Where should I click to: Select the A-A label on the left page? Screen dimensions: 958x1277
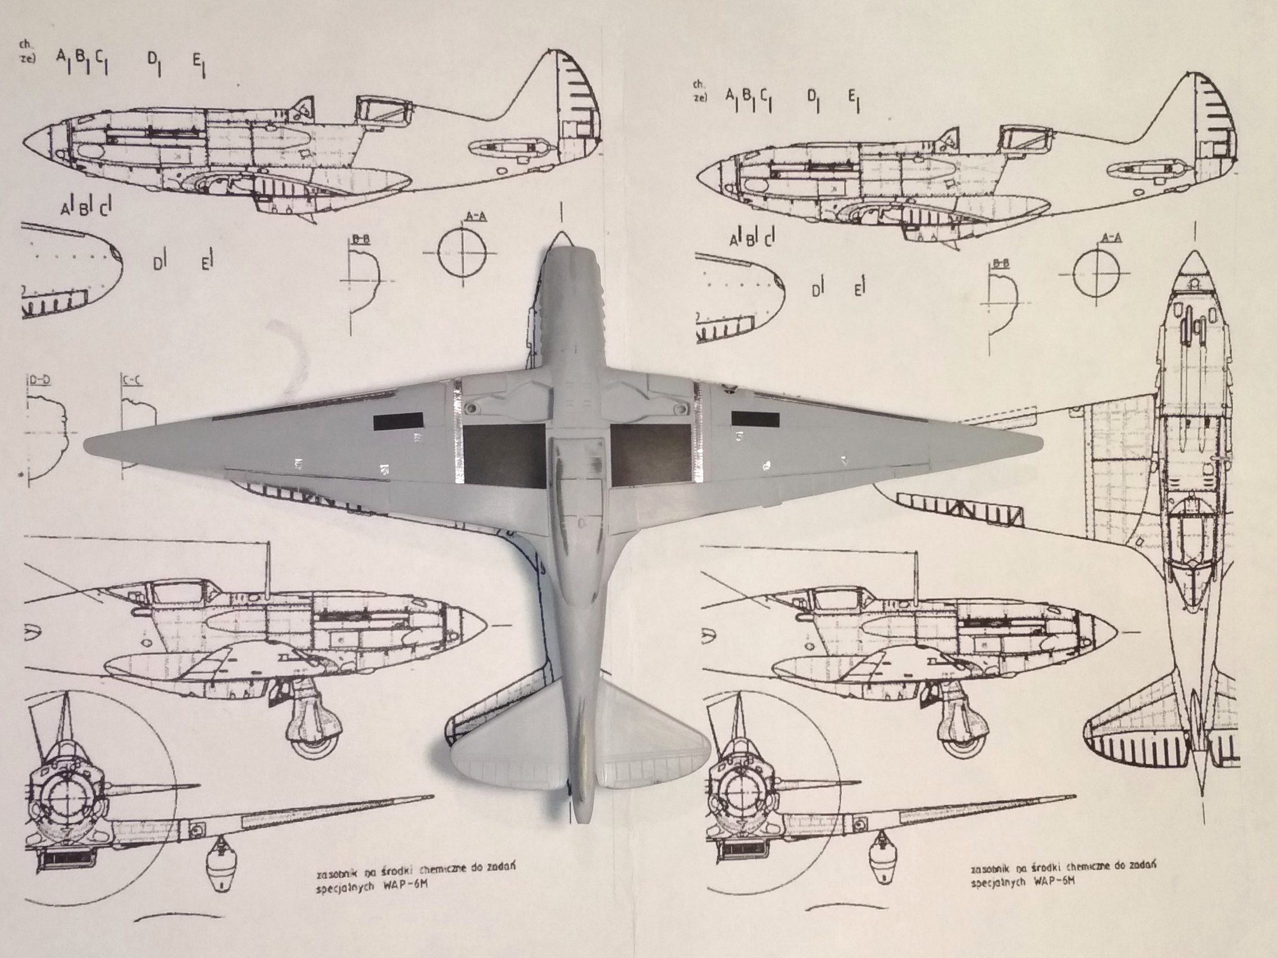click(x=475, y=217)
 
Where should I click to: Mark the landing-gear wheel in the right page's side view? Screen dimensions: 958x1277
click(x=960, y=741)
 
